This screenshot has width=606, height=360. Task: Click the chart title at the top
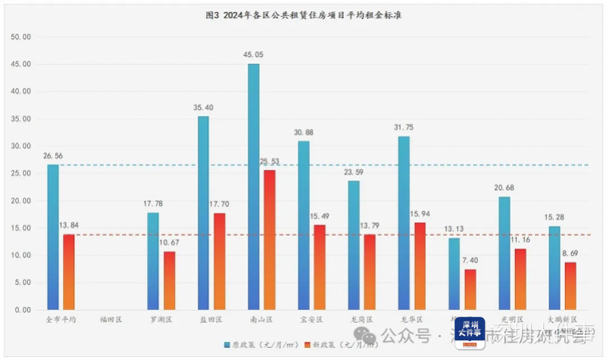303,14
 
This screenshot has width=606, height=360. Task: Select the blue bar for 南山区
253,186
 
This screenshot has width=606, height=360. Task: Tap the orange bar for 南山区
270,239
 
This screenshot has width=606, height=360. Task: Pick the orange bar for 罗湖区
169,280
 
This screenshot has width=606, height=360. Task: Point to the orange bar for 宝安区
320,267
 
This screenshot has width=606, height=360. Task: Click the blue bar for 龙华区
404,223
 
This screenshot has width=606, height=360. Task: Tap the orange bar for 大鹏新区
571,286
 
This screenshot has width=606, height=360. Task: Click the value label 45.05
254,55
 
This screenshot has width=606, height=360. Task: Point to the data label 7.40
470,260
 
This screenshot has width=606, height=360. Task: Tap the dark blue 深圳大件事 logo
470,333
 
